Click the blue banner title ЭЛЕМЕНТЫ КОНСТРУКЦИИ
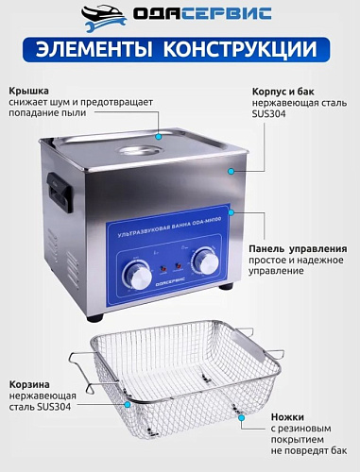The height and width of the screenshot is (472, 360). coord(180,51)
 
